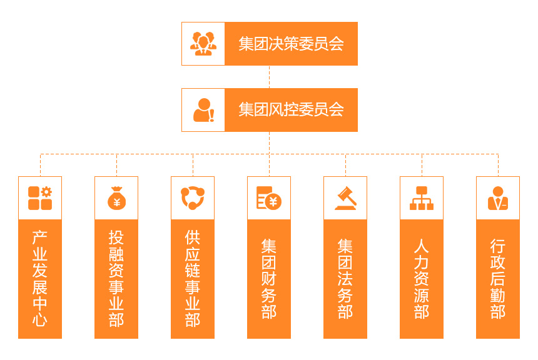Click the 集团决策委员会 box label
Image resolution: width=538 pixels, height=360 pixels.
coord(291,44)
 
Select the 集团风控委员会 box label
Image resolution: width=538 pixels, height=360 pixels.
coord(291,110)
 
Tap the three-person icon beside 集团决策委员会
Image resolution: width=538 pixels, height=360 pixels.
coord(203,44)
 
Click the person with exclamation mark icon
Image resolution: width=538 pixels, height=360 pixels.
coord(204,110)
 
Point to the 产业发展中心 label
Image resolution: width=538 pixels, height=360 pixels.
coord(40,278)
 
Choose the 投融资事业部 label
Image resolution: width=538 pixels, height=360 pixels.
coord(116,278)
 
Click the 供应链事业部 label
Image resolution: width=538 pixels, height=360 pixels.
coord(193,278)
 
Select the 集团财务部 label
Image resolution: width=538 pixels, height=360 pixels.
coord(269,279)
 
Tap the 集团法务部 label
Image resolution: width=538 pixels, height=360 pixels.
coord(345,279)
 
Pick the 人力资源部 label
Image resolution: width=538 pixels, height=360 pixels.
coord(422,279)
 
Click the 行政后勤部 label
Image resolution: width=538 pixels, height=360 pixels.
coord(498,279)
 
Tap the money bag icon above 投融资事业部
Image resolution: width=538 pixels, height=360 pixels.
coord(116,198)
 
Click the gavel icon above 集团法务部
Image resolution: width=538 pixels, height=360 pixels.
coord(345,198)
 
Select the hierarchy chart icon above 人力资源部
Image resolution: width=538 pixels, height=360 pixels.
coord(422,198)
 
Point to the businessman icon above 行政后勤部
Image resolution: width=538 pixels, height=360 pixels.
coord(498,198)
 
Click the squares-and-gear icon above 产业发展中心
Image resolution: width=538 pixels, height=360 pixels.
coord(40,198)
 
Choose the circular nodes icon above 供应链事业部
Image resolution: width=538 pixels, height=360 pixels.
coord(193,198)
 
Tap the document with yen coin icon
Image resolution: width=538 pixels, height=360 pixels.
coord(269,198)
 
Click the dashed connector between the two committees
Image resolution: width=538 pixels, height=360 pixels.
coord(270,77)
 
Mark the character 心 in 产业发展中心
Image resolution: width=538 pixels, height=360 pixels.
coord(40,319)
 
